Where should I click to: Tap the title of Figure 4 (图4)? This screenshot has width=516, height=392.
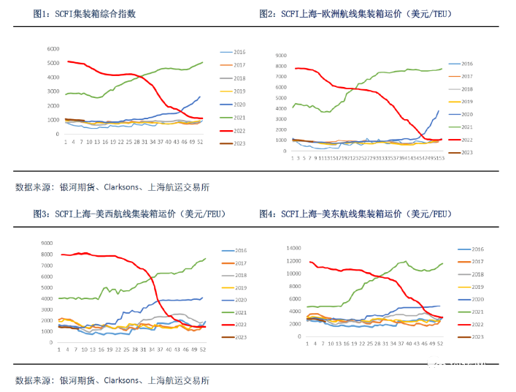click(x=355, y=214)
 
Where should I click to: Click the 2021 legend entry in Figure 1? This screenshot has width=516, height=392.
click(x=239, y=117)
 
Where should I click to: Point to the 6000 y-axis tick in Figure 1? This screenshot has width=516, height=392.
click(x=53, y=48)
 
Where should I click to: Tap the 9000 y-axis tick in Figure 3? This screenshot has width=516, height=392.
click(x=46, y=244)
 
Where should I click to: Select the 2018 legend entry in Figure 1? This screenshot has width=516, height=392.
click(x=239, y=78)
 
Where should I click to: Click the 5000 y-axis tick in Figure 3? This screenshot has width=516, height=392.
click(x=46, y=287)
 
